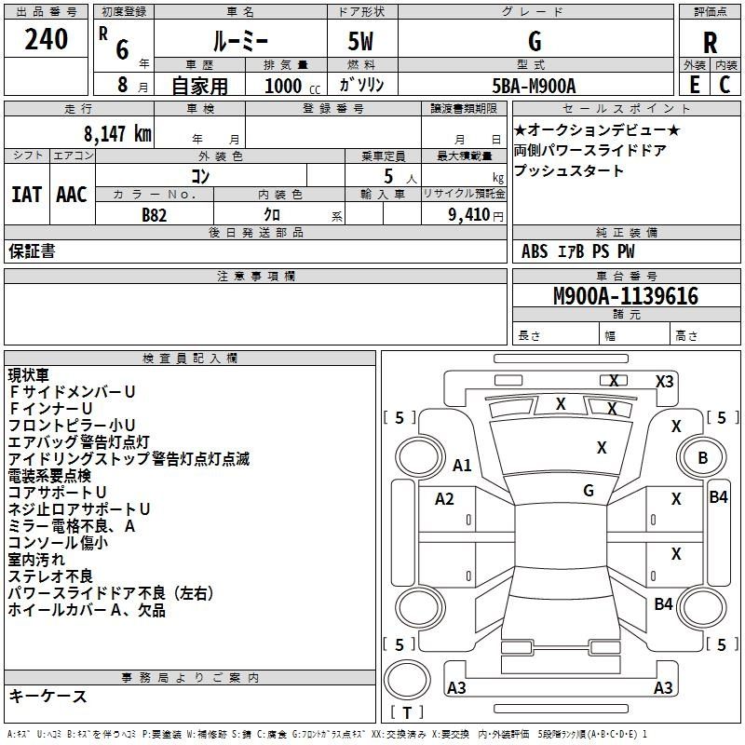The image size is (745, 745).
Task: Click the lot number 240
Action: pyautogui.click(x=46, y=39)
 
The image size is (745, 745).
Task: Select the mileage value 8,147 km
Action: pyautogui.click(x=118, y=134)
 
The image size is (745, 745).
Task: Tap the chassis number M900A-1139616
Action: pyautogui.click(x=626, y=296)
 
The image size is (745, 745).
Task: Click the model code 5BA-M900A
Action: pyautogui.click(x=534, y=86)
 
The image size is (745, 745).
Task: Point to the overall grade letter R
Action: pyautogui.click(x=710, y=43)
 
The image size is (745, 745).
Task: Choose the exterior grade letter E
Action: pyautogui.click(x=695, y=85)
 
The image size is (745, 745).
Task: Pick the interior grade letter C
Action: pyautogui.click(x=725, y=85)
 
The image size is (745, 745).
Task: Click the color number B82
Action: pyautogui.click(x=155, y=215)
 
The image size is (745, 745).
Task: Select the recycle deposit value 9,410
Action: pyautogui.click(x=469, y=215)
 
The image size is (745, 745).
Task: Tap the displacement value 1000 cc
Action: pyautogui.click(x=292, y=86)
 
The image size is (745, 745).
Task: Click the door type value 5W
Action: pyautogui.click(x=360, y=41)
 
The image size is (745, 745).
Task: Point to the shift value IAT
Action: pyautogui.click(x=27, y=195)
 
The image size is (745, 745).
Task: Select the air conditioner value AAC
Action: pyautogui.click(x=72, y=195)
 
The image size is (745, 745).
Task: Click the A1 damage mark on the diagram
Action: pyautogui.click(x=462, y=465)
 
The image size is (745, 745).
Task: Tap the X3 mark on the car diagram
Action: pyautogui.click(x=664, y=382)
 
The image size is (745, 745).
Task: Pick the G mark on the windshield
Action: pyautogui.click(x=589, y=491)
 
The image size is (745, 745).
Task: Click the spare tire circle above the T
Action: pyautogui.click(x=407, y=680)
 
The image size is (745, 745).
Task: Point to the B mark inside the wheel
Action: pyautogui.click(x=703, y=457)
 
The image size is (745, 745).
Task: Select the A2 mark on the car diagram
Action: pyautogui.click(x=444, y=499)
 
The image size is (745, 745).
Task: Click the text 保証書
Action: pyautogui.click(x=32, y=251)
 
